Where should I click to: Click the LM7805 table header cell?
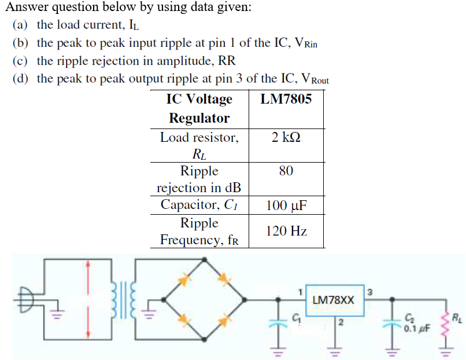[286, 99]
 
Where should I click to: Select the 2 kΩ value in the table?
[286, 138]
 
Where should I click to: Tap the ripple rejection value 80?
[286, 171]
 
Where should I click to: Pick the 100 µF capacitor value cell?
[286, 205]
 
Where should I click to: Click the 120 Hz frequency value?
[286, 231]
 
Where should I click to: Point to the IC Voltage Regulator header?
[199, 108]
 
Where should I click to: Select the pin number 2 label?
[341, 322]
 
